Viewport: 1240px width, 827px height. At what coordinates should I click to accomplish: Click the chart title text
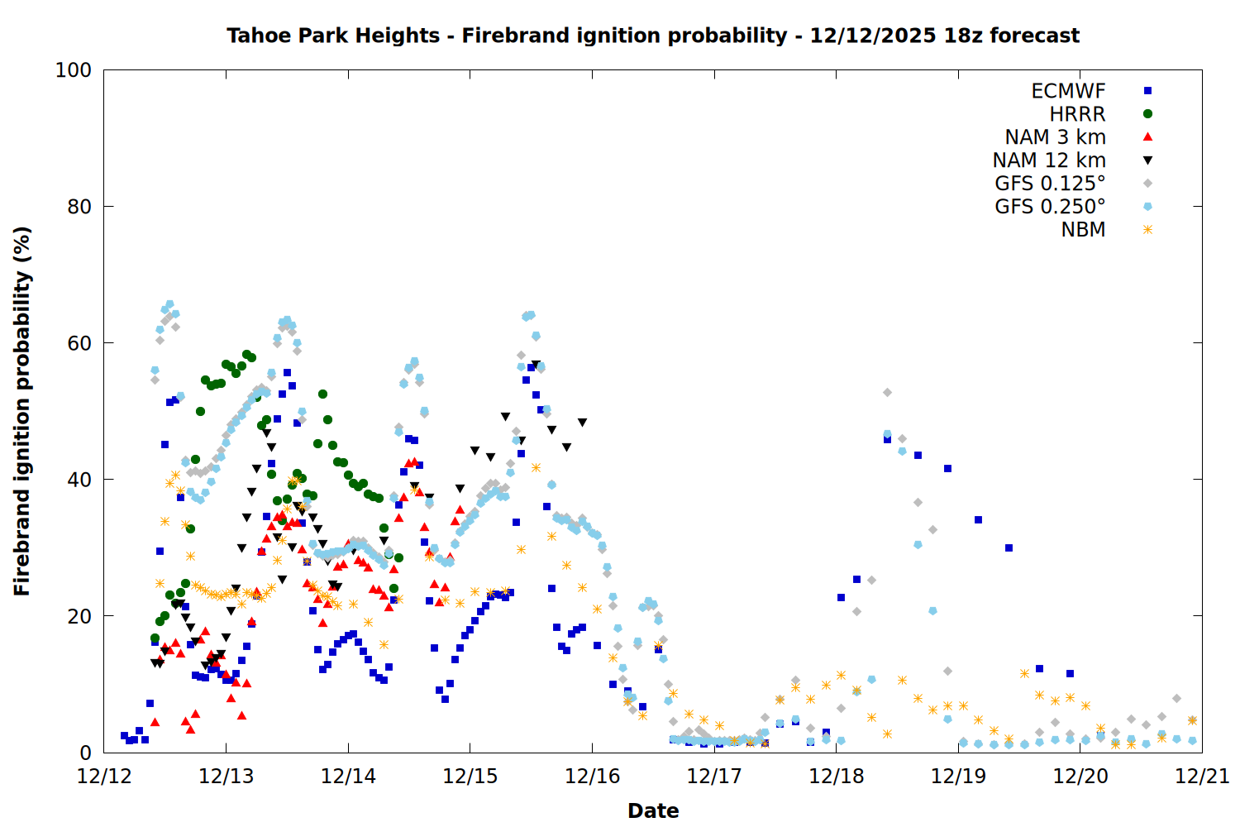[x=653, y=36]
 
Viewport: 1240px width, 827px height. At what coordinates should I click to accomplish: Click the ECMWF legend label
[x=1068, y=91]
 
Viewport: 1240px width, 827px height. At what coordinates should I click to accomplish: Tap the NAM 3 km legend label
[x=1055, y=137]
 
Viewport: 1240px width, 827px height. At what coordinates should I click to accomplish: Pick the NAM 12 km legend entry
[x=1049, y=160]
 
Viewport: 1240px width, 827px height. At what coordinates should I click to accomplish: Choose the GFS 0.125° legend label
[x=1050, y=184]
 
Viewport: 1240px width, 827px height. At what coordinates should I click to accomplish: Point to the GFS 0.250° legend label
[x=1050, y=207]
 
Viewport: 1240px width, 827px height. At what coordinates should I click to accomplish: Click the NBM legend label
[x=1083, y=230]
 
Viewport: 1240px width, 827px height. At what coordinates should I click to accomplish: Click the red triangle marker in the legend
[x=1147, y=137]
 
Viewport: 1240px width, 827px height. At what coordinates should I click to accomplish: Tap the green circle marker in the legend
[x=1147, y=114]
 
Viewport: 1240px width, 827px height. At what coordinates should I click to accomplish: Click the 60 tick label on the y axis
[x=79, y=343]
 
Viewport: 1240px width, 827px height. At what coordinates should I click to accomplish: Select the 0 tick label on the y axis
[x=85, y=753]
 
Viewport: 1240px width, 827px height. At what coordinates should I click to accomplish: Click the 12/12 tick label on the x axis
[x=104, y=777]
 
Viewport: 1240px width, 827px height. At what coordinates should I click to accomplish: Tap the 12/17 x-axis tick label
[x=714, y=777]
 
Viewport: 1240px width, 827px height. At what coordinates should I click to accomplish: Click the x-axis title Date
[x=653, y=810]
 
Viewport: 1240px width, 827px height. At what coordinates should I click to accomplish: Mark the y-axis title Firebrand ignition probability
[x=22, y=411]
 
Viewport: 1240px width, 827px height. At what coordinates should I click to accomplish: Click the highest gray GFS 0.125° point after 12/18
[x=887, y=393]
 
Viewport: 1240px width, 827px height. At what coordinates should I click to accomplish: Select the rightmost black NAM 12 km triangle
[x=582, y=423]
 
